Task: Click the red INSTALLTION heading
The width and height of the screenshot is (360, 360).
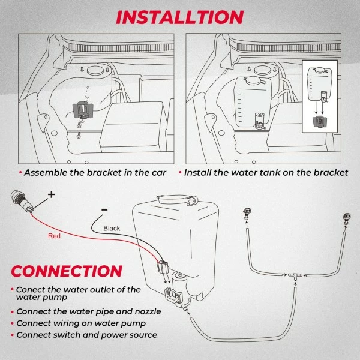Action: (180, 17)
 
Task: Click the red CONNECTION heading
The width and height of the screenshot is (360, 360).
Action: (67, 271)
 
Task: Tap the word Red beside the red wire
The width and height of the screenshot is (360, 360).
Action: (54, 236)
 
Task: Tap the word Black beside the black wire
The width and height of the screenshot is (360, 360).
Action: (112, 228)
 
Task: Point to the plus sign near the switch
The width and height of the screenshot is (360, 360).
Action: (52, 194)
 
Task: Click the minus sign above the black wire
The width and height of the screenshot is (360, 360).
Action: (104, 209)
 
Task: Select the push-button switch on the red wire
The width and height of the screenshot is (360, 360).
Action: (20, 200)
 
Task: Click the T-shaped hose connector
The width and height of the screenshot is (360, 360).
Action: (295, 276)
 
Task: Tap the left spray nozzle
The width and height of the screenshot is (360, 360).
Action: (247, 213)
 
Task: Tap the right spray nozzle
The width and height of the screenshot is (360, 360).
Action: (347, 218)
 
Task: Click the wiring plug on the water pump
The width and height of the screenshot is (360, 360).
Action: (163, 268)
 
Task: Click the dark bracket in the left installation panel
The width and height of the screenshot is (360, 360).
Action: (83, 110)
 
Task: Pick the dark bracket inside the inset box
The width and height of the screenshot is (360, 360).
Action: (320, 122)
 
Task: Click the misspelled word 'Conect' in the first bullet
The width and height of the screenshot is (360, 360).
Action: (29, 290)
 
